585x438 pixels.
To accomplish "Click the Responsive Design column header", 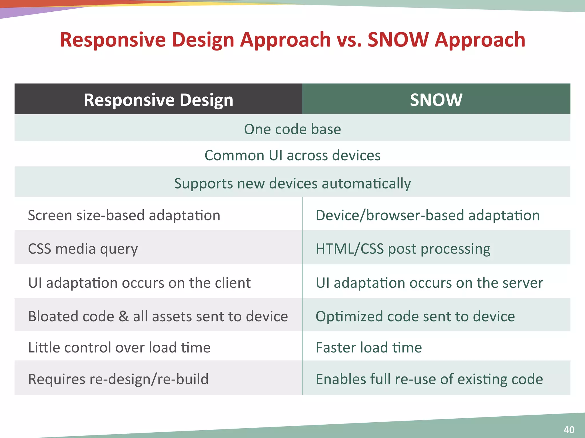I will [x=158, y=100].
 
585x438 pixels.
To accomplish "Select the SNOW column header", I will [x=436, y=100].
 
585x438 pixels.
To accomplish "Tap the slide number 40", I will [x=569, y=429].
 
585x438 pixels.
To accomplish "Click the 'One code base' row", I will [x=292, y=129].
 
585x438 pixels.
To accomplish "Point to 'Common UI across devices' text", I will [x=292, y=155].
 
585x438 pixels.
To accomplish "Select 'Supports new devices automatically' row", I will [x=292, y=183].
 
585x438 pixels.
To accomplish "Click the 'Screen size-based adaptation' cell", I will [x=124, y=215].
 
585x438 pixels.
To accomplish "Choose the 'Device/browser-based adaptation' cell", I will [x=428, y=215].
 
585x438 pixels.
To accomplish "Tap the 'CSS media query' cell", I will [x=83, y=249].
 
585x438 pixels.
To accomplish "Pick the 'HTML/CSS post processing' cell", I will [x=403, y=249].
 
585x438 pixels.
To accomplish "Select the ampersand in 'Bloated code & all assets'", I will [x=123, y=317].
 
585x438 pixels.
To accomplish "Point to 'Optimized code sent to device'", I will [x=415, y=317].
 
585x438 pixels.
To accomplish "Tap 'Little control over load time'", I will [x=119, y=348].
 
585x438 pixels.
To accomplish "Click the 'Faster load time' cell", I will [x=368, y=348].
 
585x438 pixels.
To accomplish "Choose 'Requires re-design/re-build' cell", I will [x=118, y=379].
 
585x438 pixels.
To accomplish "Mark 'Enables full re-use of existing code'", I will [x=429, y=379].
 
